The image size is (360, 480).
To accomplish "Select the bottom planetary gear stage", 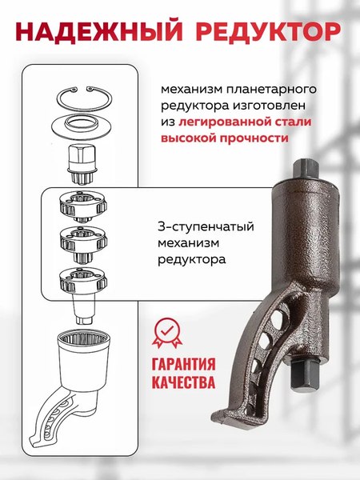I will pyautogui.click(x=82, y=280).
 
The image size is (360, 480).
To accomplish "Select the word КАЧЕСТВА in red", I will pyautogui.click(x=182, y=382).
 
